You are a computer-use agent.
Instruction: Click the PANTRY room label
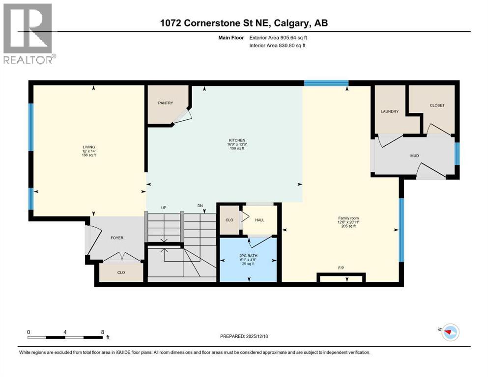tap(165, 103)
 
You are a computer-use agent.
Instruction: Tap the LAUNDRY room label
tap(389, 111)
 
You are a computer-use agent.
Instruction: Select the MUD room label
tap(414, 156)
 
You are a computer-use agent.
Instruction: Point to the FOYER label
tap(117, 238)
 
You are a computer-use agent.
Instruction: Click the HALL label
tap(259, 220)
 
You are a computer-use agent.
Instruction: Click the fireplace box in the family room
tap(341, 279)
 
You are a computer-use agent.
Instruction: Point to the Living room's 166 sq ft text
tap(89, 155)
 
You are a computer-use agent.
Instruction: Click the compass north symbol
tap(450, 332)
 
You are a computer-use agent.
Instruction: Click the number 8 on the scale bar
tap(102, 332)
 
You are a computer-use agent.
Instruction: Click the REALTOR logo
tap(28, 33)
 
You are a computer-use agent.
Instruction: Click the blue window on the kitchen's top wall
tap(326, 83)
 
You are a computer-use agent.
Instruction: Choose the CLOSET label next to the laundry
tap(436, 105)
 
